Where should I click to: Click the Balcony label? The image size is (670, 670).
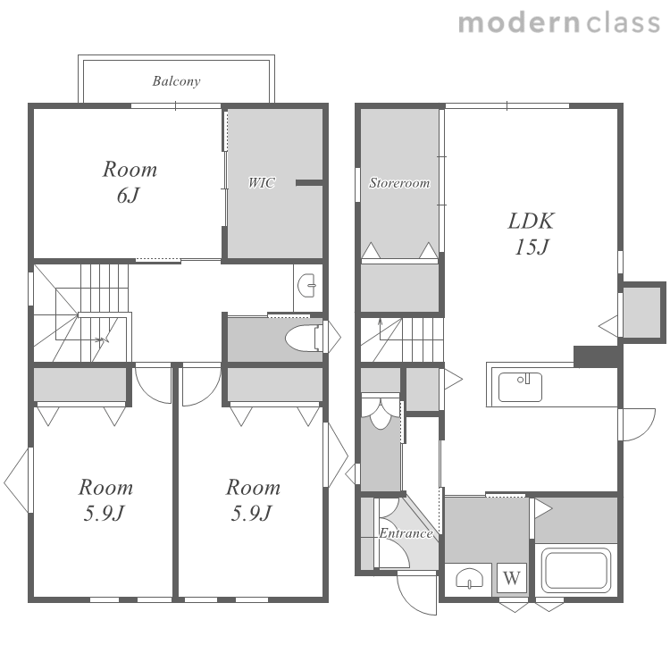[x=176, y=81]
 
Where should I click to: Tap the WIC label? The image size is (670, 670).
[x=262, y=183]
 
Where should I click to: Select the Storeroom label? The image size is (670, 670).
[x=399, y=183]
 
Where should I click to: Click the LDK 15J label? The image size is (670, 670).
[x=532, y=234]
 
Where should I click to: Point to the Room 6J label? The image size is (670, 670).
[x=130, y=182]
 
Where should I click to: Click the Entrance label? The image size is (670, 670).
[x=406, y=533]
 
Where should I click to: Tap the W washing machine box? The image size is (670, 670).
[x=512, y=578]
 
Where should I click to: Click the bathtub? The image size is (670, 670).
[x=576, y=571]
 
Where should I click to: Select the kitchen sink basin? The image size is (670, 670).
[x=520, y=387]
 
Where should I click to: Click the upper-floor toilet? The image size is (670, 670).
[x=305, y=339]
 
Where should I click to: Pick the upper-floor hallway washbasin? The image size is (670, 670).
[x=306, y=286]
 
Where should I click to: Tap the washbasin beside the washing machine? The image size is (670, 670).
[x=469, y=579]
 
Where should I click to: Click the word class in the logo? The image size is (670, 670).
[x=623, y=23]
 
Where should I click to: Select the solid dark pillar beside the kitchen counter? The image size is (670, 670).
[x=596, y=356]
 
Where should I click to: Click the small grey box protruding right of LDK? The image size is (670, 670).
[x=642, y=313]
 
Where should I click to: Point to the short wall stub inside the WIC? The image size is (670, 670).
[x=309, y=183]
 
